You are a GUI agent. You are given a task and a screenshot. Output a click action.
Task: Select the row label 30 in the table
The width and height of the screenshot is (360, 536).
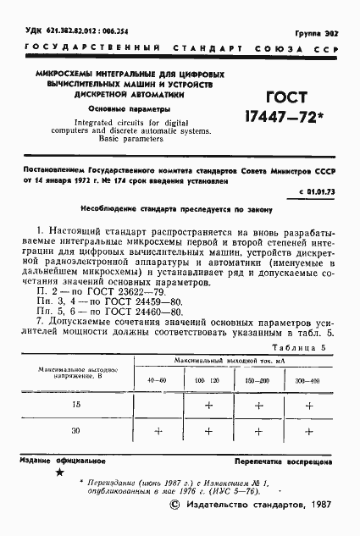76,430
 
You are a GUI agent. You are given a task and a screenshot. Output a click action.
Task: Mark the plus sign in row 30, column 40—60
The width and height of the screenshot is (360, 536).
158,430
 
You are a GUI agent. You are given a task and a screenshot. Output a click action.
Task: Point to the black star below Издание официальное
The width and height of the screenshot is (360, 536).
58,477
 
